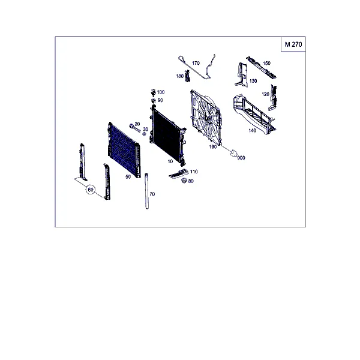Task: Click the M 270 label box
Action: coord(293,44)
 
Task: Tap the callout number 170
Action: coord(196,63)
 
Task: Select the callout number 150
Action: coord(266,63)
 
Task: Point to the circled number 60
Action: coord(91,190)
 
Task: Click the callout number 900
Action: coord(241,158)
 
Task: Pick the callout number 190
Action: coord(212,147)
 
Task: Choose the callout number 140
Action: coord(253,130)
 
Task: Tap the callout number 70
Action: coord(152,194)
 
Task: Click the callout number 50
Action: coord(128,177)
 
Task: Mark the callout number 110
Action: coord(194,172)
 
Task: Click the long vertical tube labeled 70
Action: coord(147,191)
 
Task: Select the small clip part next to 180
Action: coord(188,76)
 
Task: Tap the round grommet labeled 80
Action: coord(184,181)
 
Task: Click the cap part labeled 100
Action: coord(153,92)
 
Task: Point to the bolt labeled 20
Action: coord(134,128)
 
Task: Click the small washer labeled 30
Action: coord(144,134)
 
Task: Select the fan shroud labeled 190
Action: coord(206,118)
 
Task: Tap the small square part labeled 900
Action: coord(234,153)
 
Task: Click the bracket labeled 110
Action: coord(178,174)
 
